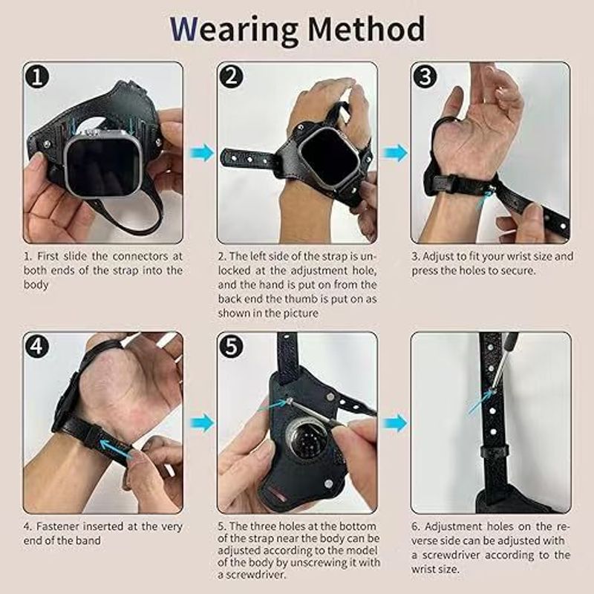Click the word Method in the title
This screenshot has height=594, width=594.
pos(366,29)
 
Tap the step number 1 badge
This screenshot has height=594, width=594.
pos(37,77)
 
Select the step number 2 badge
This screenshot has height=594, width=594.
pos(231,77)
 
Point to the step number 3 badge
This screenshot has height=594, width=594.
pos(425,77)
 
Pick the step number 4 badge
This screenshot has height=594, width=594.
pos(37,347)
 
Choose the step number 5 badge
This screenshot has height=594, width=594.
pos(231,347)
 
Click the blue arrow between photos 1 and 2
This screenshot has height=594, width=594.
pos(201,153)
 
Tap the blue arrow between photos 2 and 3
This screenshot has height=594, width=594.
pos(395,153)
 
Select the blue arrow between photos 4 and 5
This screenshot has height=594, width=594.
pos(201,422)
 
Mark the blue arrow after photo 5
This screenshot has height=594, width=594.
pos(395,422)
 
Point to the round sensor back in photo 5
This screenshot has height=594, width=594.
pos(307,440)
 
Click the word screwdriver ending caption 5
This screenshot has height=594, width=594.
pos(252,575)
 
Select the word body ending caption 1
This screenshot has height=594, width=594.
pos(36,284)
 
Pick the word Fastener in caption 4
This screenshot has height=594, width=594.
pos(58,526)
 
